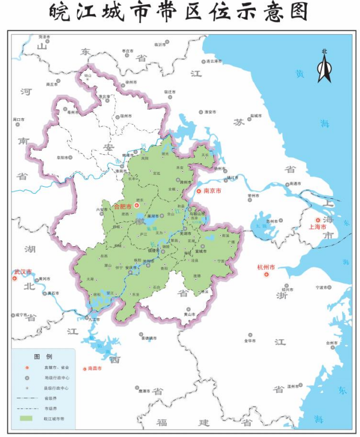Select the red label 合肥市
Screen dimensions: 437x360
point(123,206)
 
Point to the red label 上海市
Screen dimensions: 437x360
point(317,227)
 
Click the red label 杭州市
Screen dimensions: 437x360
point(266,267)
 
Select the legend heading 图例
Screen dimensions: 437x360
point(42,356)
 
